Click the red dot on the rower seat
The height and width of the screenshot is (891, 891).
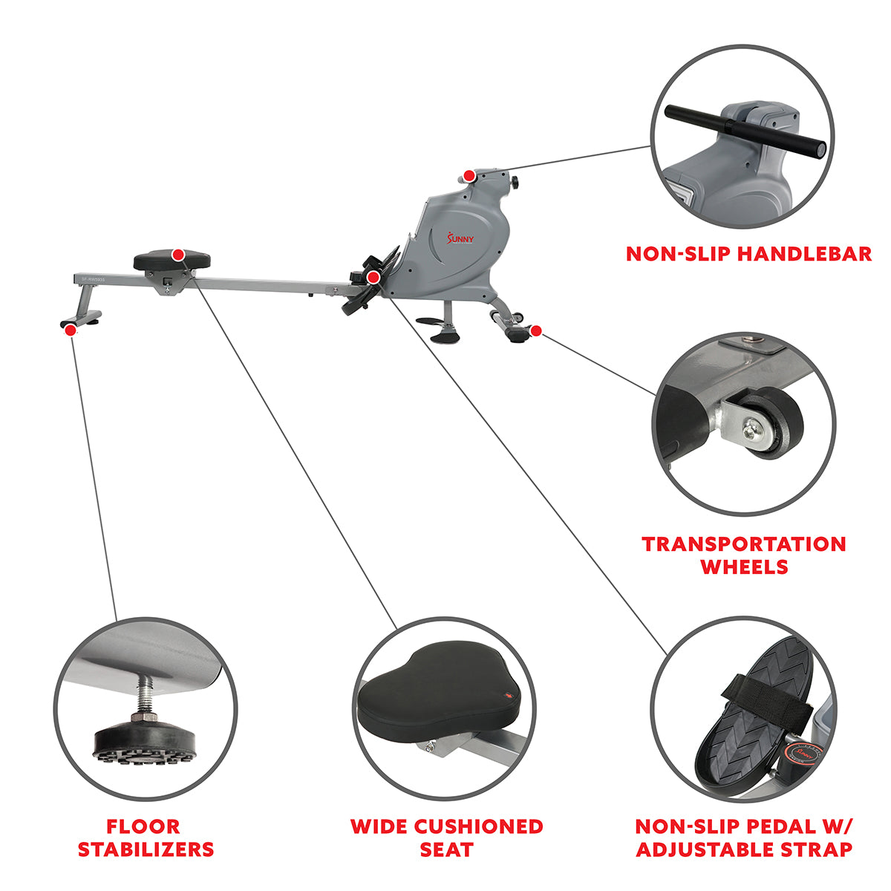point(178,255)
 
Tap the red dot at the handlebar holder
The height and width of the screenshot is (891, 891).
point(469,176)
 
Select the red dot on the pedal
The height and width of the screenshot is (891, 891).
point(373,277)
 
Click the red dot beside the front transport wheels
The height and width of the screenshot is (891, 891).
point(536,330)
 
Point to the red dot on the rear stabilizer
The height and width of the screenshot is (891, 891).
point(70,330)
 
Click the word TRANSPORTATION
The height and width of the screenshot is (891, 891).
point(744,544)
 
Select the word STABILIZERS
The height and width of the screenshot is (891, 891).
point(146,849)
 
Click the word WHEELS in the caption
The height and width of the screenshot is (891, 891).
point(744,567)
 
